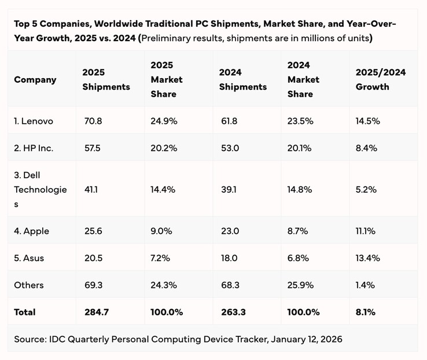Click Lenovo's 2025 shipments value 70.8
92,121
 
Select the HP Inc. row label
34,148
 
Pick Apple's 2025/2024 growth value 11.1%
366,231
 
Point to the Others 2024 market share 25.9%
300,285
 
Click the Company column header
35,79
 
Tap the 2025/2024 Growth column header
381,79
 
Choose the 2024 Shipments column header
243,79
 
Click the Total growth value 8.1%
366,312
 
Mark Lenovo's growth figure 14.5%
367,121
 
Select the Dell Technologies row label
41,189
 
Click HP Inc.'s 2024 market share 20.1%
299,148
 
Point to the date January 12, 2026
300,339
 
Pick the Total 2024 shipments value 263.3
233,312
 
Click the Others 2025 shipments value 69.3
93,285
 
